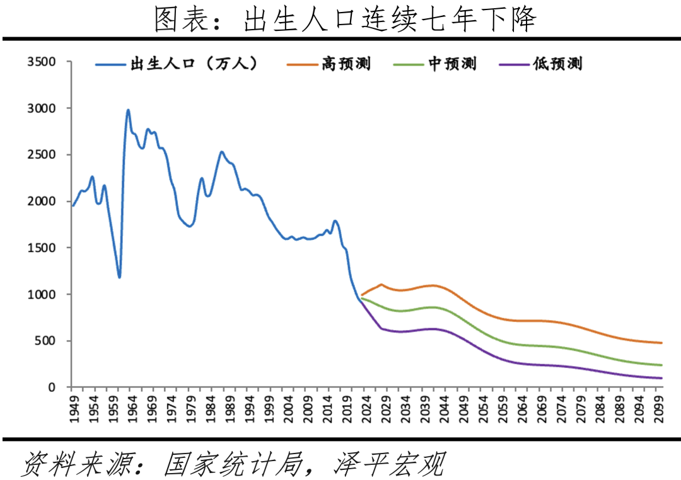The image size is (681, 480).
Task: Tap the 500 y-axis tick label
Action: [x=45, y=341]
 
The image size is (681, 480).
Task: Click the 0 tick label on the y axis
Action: [x=53, y=387]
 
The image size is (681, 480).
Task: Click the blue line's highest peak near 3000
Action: [x=128, y=110]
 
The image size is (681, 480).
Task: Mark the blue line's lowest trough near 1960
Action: [x=119, y=277]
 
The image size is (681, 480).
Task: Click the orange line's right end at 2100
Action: [x=661, y=343]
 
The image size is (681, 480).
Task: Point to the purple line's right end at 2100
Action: [x=661, y=378]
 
